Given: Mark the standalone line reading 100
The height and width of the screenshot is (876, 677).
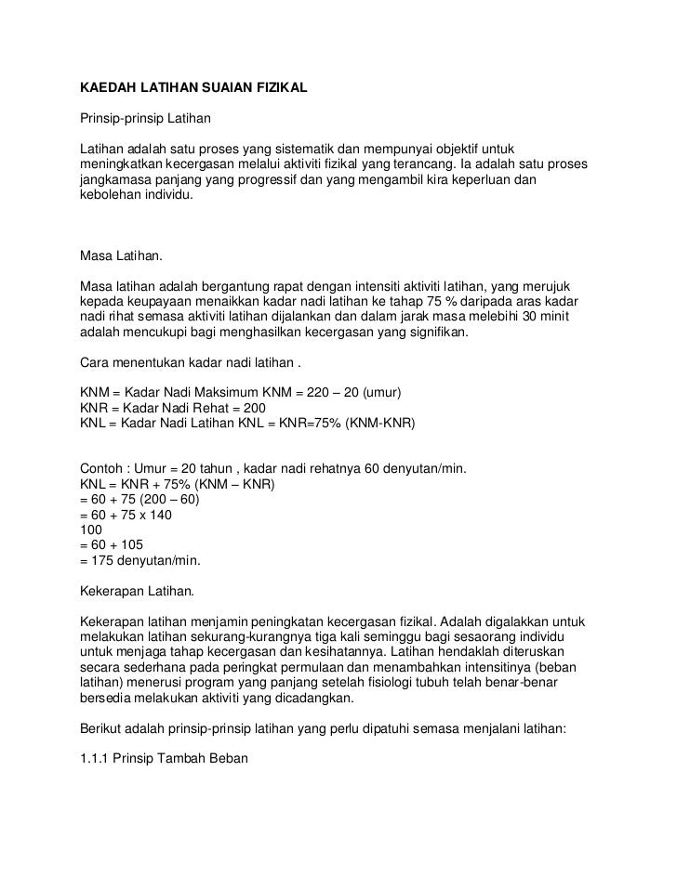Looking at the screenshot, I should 92,530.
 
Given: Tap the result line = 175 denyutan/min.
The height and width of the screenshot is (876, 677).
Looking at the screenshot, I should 140,561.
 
